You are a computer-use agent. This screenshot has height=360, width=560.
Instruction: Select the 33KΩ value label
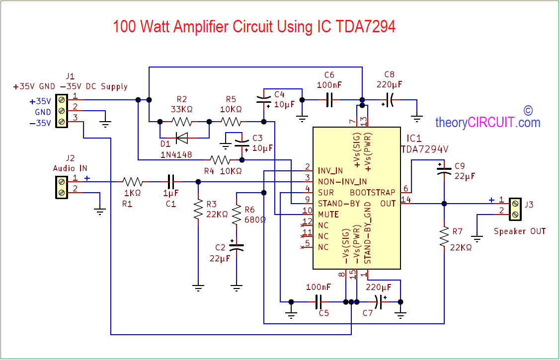pos(181,109)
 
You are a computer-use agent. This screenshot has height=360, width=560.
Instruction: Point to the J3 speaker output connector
pos(515,209)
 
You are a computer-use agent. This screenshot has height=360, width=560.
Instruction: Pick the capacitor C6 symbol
pos(329,100)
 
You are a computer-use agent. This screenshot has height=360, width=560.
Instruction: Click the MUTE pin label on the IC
pos(328,215)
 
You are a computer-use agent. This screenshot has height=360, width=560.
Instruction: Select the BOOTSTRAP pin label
pos(373,192)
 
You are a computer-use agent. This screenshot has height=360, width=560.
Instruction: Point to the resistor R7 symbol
pos(444,237)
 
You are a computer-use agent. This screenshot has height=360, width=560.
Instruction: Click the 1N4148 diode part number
pos(177,155)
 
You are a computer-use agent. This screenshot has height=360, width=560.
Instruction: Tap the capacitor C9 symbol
pos(444,170)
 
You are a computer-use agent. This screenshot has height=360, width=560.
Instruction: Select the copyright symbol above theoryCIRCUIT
pos(528,110)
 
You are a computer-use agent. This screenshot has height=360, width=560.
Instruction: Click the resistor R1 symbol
pos(133,182)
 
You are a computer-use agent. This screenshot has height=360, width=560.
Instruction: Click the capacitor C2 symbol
pos(237,247)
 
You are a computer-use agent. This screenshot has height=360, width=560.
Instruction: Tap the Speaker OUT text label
pos(520,231)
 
